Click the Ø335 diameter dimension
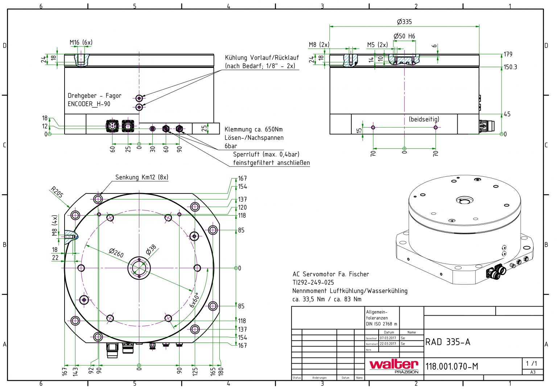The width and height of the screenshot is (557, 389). (x=404, y=22)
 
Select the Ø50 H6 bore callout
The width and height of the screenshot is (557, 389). (x=404, y=36)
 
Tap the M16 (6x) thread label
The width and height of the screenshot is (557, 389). (x=81, y=42)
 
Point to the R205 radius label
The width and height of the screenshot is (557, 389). (x=57, y=192)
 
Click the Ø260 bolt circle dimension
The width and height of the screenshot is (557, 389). (x=116, y=253)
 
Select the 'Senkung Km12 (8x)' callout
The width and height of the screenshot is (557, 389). (x=142, y=177)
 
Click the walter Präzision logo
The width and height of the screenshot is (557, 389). (x=394, y=366)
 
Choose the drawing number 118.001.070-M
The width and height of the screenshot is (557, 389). (x=451, y=367)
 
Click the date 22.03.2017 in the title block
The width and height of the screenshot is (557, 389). (x=388, y=344)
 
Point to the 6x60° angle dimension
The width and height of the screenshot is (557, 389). (x=194, y=300)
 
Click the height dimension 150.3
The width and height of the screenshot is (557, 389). (x=510, y=67)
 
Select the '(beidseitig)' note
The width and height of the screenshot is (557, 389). (x=424, y=119)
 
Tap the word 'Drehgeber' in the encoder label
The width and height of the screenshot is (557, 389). (x=82, y=96)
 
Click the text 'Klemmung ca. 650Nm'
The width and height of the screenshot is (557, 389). (x=253, y=129)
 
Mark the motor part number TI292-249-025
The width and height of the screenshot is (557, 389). (x=313, y=282)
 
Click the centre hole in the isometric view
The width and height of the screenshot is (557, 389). (x=465, y=200)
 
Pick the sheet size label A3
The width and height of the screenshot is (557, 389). (x=532, y=372)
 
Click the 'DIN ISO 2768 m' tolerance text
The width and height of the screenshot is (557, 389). (x=381, y=324)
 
